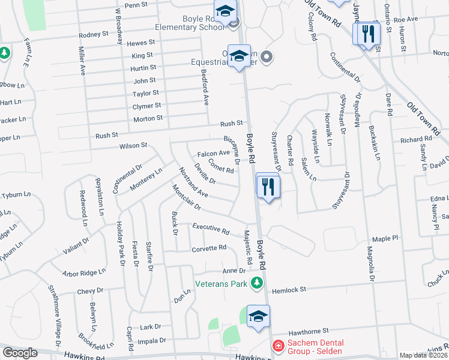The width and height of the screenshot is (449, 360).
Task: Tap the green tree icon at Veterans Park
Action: pos(257,282)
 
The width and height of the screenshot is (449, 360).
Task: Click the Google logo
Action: pos(20,353)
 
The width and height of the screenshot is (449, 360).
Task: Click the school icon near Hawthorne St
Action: pos(258,318)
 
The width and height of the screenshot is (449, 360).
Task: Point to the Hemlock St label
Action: pos(289,290)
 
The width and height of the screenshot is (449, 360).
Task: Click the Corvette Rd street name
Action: pos(209,248)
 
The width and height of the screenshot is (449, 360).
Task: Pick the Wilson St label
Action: pos(133,146)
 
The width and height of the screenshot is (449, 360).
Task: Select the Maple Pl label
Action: pos(385,239)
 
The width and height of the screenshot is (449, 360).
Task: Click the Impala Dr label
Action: pos(152,340)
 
